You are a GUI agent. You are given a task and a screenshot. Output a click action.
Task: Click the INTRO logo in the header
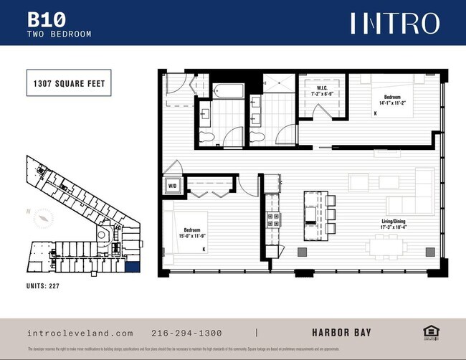(x=394, y=23)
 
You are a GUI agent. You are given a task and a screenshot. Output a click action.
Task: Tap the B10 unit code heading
(x=44, y=18)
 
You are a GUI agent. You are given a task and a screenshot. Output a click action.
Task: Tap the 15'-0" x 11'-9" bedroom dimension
(x=192, y=235)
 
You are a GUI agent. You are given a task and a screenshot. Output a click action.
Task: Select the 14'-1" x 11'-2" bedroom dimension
(x=392, y=103)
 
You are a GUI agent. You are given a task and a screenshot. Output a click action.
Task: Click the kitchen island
(x=310, y=214)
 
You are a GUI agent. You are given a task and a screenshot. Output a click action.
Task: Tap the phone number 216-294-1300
(x=186, y=333)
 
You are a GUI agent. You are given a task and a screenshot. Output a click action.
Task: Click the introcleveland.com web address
(x=80, y=333)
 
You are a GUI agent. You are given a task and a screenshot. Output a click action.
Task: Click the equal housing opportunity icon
(x=430, y=331)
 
